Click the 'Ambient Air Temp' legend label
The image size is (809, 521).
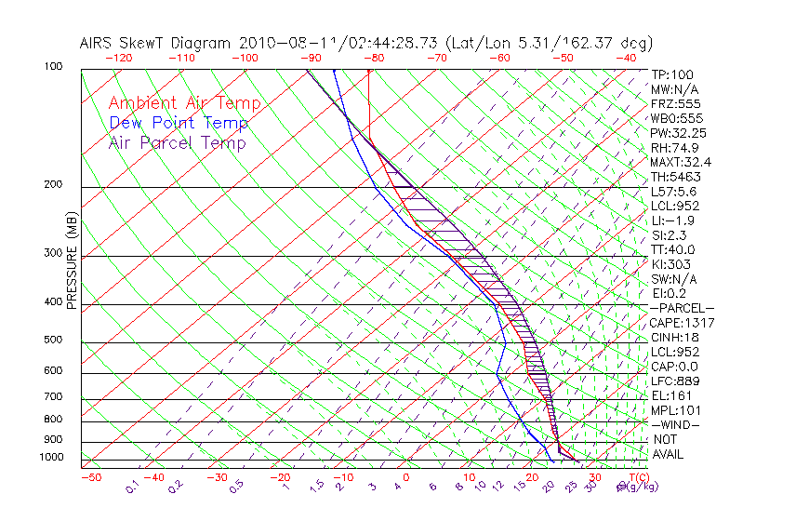pyautogui.click(x=184, y=103)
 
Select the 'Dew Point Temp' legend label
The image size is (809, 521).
pyautogui.click(x=178, y=123)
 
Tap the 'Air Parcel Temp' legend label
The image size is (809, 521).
pyautogui.click(x=177, y=142)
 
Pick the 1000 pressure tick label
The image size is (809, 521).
pyautogui.click(x=53, y=458)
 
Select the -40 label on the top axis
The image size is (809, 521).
pyautogui.click(x=626, y=57)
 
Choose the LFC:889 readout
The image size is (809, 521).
pyautogui.click(x=674, y=381)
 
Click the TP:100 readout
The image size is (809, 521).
pyautogui.click(x=671, y=74)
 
